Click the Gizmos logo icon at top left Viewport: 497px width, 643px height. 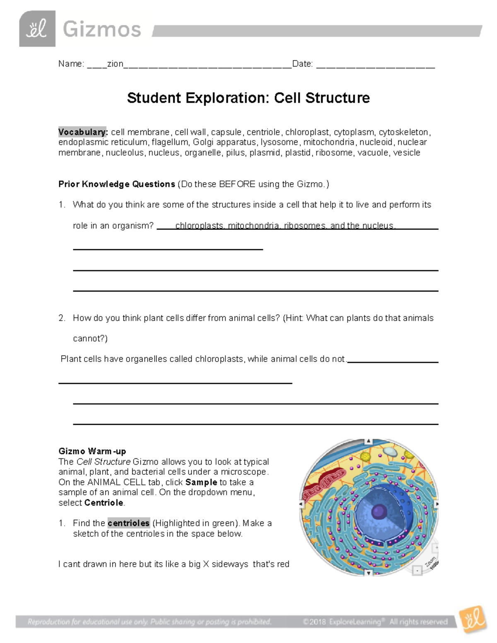click(x=37, y=29)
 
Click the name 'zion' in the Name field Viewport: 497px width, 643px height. click(x=115, y=64)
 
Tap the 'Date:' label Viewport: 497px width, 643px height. click(x=302, y=64)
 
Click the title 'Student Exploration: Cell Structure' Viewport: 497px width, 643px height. click(x=248, y=98)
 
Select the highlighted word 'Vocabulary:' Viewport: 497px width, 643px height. click(x=83, y=132)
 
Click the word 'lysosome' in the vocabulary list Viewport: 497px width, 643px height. click(x=279, y=142)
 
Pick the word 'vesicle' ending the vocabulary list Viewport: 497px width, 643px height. click(x=406, y=153)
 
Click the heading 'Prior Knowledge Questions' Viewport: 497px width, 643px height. click(x=116, y=184)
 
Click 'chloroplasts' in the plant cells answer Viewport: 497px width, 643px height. click(x=219, y=359)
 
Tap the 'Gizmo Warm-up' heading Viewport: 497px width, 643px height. click(x=92, y=451)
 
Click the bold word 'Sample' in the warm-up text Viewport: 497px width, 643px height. click(x=201, y=482)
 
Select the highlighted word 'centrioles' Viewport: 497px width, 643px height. click(x=128, y=523)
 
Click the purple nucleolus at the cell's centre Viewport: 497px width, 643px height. click(x=379, y=512)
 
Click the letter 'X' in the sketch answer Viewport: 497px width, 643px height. click(x=206, y=564)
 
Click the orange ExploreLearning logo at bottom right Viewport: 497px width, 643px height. click(x=473, y=620)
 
